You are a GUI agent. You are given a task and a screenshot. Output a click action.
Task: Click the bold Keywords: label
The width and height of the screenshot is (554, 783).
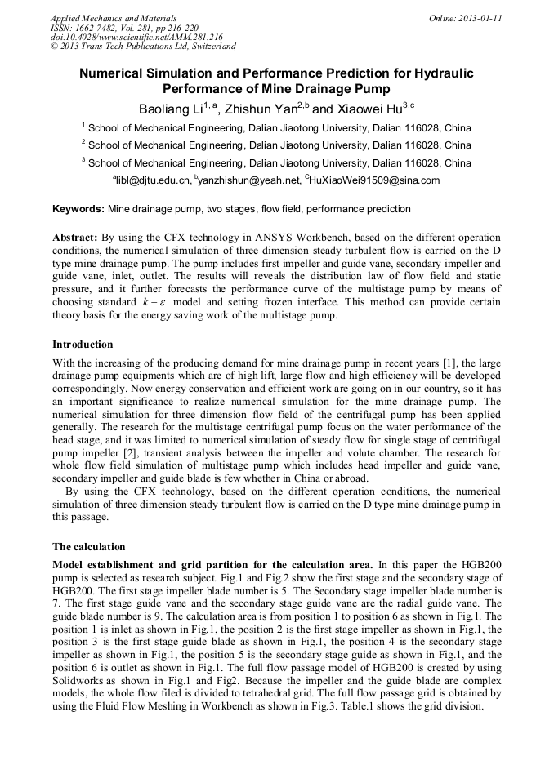pyautogui.click(x=78, y=210)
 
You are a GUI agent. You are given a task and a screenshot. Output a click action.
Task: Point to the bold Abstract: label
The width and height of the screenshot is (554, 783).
pyautogui.click(x=76, y=238)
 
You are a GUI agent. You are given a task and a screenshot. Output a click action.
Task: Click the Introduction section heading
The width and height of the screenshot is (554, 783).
pyautogui.click(x=83, y=345)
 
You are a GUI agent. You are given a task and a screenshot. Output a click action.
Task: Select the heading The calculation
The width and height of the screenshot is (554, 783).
pyautogui.click(x=89, y=546)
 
